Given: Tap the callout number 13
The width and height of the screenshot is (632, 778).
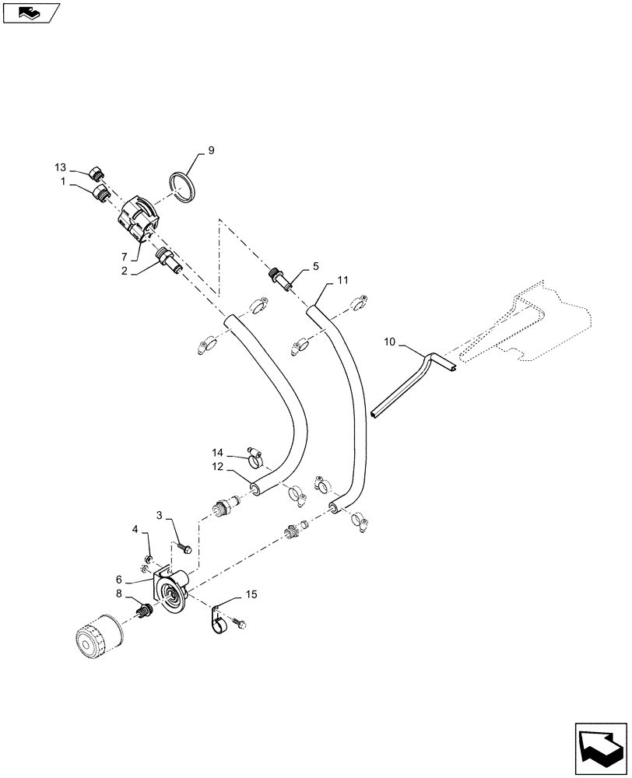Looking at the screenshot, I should click(x=61, y=168).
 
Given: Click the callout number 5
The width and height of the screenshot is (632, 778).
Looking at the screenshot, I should click(x=316, y=266).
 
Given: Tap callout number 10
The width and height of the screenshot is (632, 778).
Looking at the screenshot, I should click(x=391, y=342).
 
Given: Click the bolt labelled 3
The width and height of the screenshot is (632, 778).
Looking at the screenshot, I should click(x=184, y=547).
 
